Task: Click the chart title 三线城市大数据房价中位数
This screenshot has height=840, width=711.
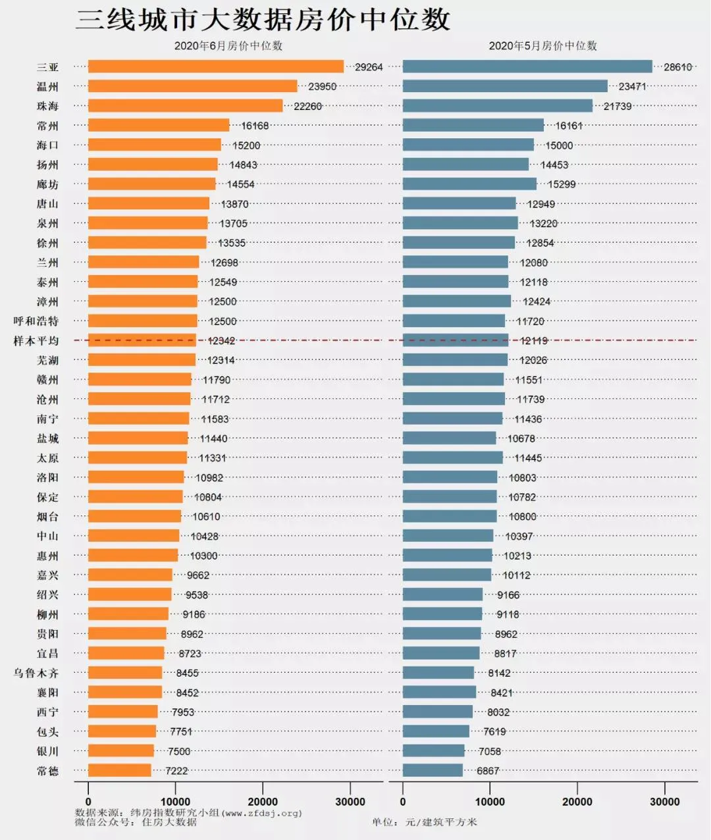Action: click(x=263, y=20)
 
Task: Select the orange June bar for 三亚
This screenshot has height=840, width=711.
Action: click(x=215, y=66)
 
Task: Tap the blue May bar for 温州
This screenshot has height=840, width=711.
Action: click(x=505, y=86)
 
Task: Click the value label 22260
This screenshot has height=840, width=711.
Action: click(x=307, y=106)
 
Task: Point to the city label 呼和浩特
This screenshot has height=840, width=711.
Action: click(x=36, y=321)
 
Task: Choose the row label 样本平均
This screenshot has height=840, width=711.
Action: click(x=36, y=341)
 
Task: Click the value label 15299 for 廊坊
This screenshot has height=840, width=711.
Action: click(x=562, y=184)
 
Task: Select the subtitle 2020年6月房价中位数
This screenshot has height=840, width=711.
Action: click(x=228, y=46)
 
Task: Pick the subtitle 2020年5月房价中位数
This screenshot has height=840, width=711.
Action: click(x=542, y=46)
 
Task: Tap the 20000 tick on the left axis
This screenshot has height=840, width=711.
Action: click(x=263, y=801)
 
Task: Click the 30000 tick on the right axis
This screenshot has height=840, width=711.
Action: click(x=664, y=801)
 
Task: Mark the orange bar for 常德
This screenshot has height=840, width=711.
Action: click(x=120, y=770)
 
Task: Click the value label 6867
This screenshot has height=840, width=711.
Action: click(x=488, y=771)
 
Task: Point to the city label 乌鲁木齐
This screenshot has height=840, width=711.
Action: click(x=36, y=673)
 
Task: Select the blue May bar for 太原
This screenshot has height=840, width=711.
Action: click(x=452, y=458)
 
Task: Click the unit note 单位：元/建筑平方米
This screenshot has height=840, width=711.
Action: click(x=425, y=822)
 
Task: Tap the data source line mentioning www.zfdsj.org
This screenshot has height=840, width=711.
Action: click(x=188, y=812)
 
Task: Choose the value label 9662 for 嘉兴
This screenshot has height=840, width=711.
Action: click(x=197, y=575)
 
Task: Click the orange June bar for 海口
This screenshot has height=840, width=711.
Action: click(x=155, y=145)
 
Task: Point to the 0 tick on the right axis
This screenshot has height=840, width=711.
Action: click(x=403, y=801)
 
